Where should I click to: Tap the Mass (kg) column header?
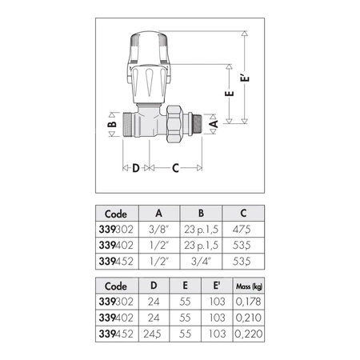pyautogui.click(x=246, y=286)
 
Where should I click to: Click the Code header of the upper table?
pyautogui.click(x=115, y=214)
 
